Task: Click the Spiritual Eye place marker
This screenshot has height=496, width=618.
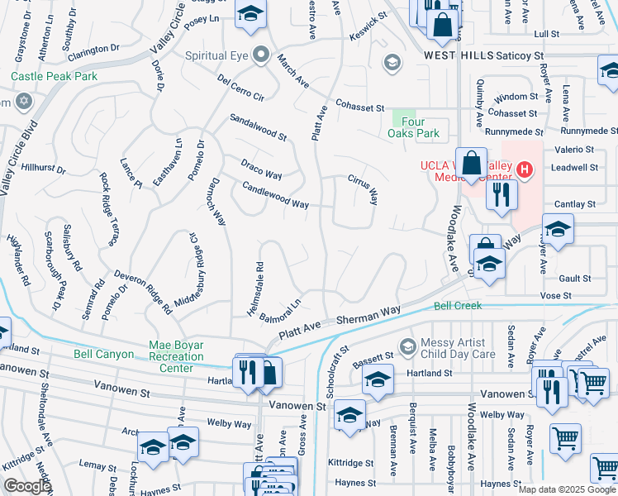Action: coord(262,55)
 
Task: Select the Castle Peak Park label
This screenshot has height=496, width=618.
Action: coord(55,76)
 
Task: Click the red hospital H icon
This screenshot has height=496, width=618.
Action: coord(522,170)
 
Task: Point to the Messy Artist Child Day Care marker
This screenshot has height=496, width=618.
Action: coord(406,346)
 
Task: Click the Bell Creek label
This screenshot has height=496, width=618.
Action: coord(458,306)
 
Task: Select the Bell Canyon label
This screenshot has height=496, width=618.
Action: coord(103,354)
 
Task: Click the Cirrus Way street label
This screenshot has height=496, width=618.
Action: coord(363,189)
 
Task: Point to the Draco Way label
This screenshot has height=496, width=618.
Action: coord(261,169)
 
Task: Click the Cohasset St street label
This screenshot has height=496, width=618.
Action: coord(359,107)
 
